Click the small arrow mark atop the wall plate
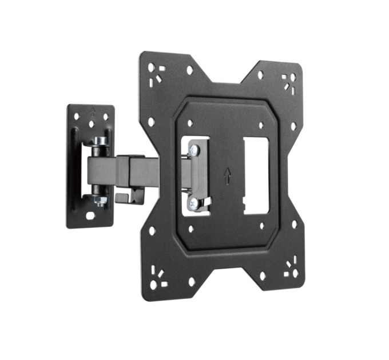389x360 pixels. tap(92, 110)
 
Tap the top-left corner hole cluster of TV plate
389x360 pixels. tap(155, 74)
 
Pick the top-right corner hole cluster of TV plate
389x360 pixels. tap(288, 82)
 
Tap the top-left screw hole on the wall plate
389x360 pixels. tap(77, 117)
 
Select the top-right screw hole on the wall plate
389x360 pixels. tap(105, 117)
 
